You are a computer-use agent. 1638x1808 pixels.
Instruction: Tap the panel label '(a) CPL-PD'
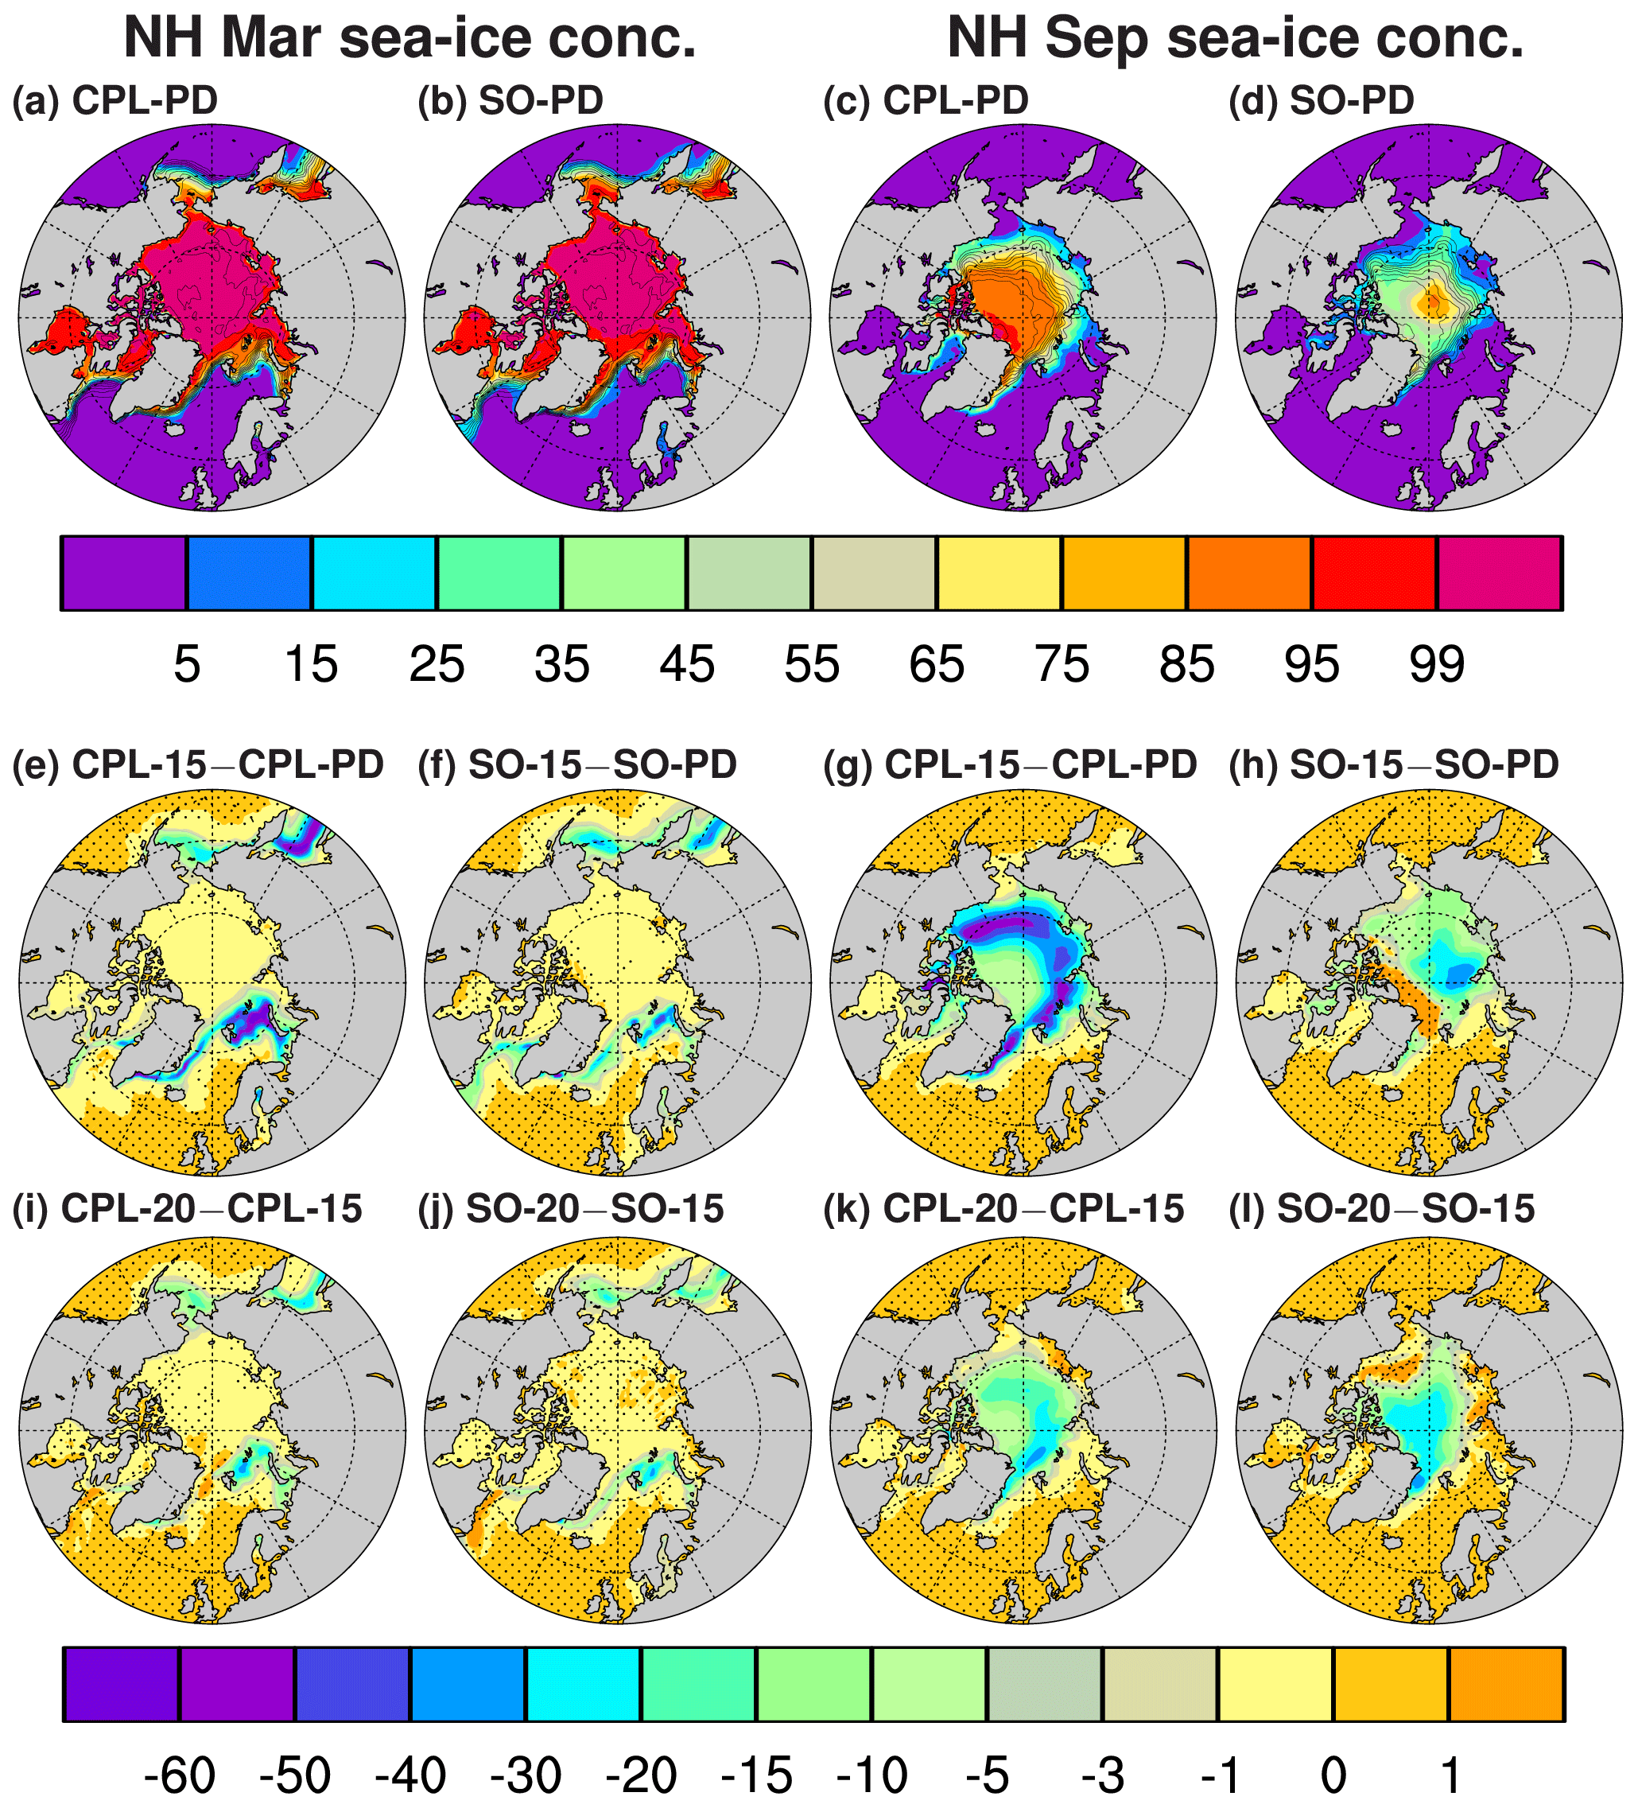115,100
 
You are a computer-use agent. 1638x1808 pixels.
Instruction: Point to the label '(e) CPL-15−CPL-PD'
198,765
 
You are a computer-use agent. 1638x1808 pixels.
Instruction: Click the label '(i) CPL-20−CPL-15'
188,1209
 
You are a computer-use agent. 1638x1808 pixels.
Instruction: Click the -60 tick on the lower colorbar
180,1775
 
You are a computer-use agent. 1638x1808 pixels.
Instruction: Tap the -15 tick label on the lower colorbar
757,1775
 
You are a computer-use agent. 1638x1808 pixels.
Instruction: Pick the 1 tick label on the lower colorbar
1450,1775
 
